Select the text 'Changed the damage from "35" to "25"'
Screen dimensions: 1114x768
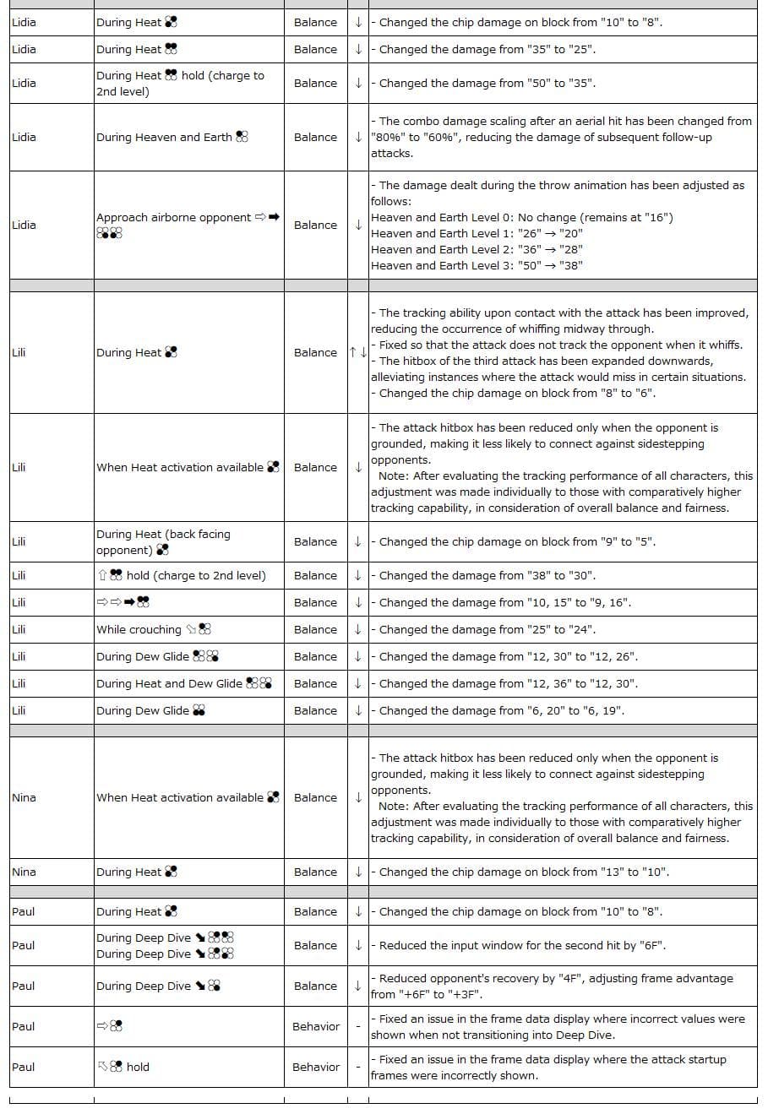point(487,49)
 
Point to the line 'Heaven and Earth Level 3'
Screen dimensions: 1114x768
point(477,265)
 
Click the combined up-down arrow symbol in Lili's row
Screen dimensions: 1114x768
point(357,352)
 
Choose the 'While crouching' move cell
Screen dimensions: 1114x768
point(153,629)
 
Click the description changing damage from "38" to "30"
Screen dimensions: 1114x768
point(487,575)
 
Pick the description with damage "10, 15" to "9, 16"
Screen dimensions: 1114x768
point(504,602)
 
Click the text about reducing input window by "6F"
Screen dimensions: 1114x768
point(522,945)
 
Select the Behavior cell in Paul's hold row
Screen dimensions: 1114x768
point(316,1067)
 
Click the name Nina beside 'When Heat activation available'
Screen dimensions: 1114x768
point(25,797)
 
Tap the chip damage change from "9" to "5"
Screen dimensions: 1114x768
point(517,541)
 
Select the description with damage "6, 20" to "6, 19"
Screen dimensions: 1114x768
point(502,710)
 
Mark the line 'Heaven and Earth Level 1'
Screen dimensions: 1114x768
point(477,233)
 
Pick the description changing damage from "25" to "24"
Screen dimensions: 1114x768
point(487,629)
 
